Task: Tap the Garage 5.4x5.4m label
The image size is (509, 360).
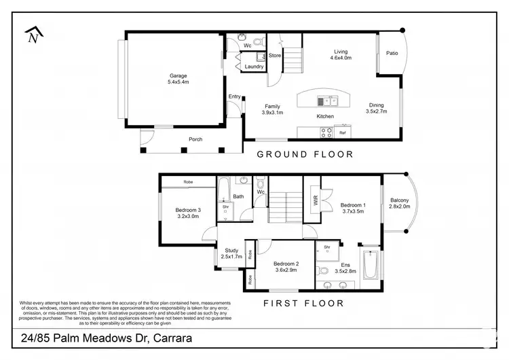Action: (178, 79)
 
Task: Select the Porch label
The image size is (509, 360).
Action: (195, 140)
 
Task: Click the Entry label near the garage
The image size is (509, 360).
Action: (234, 96)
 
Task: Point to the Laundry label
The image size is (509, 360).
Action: (254, 67)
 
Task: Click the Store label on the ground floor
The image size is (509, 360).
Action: (275, 56)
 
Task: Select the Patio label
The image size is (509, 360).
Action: (392, 53)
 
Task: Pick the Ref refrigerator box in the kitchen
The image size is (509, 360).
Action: (343, 133)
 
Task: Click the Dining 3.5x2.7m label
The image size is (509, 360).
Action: (377, 109)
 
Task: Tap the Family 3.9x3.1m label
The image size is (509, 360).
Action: (273, 109)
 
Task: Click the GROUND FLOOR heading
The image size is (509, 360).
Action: (305, 155)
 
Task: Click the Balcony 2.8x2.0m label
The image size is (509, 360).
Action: (400, 204)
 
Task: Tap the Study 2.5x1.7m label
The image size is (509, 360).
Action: (231, 253)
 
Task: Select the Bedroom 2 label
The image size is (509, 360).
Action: (286, 267)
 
